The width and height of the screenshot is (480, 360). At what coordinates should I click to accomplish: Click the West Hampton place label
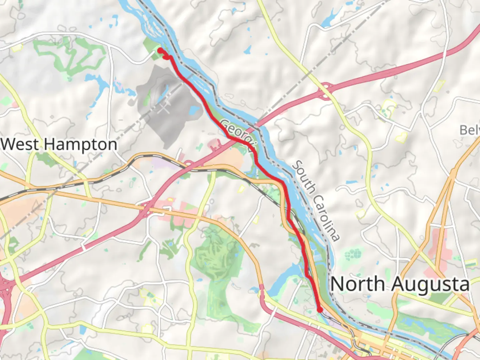point(59,145)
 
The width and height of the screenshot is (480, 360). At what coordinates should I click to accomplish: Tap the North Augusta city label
point(400,284)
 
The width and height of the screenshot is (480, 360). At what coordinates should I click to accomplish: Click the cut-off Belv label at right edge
point(470,130)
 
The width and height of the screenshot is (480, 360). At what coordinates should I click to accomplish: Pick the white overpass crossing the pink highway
point(83,247)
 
